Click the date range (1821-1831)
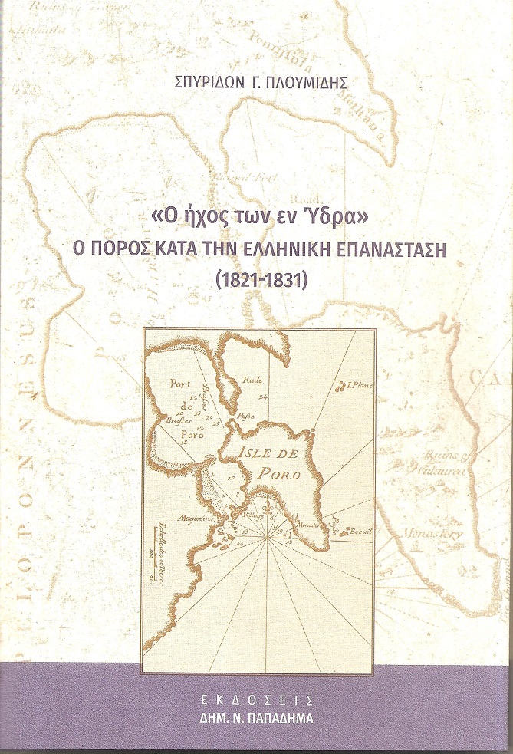coord(257,279)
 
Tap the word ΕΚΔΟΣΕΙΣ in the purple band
coord(256,700)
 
